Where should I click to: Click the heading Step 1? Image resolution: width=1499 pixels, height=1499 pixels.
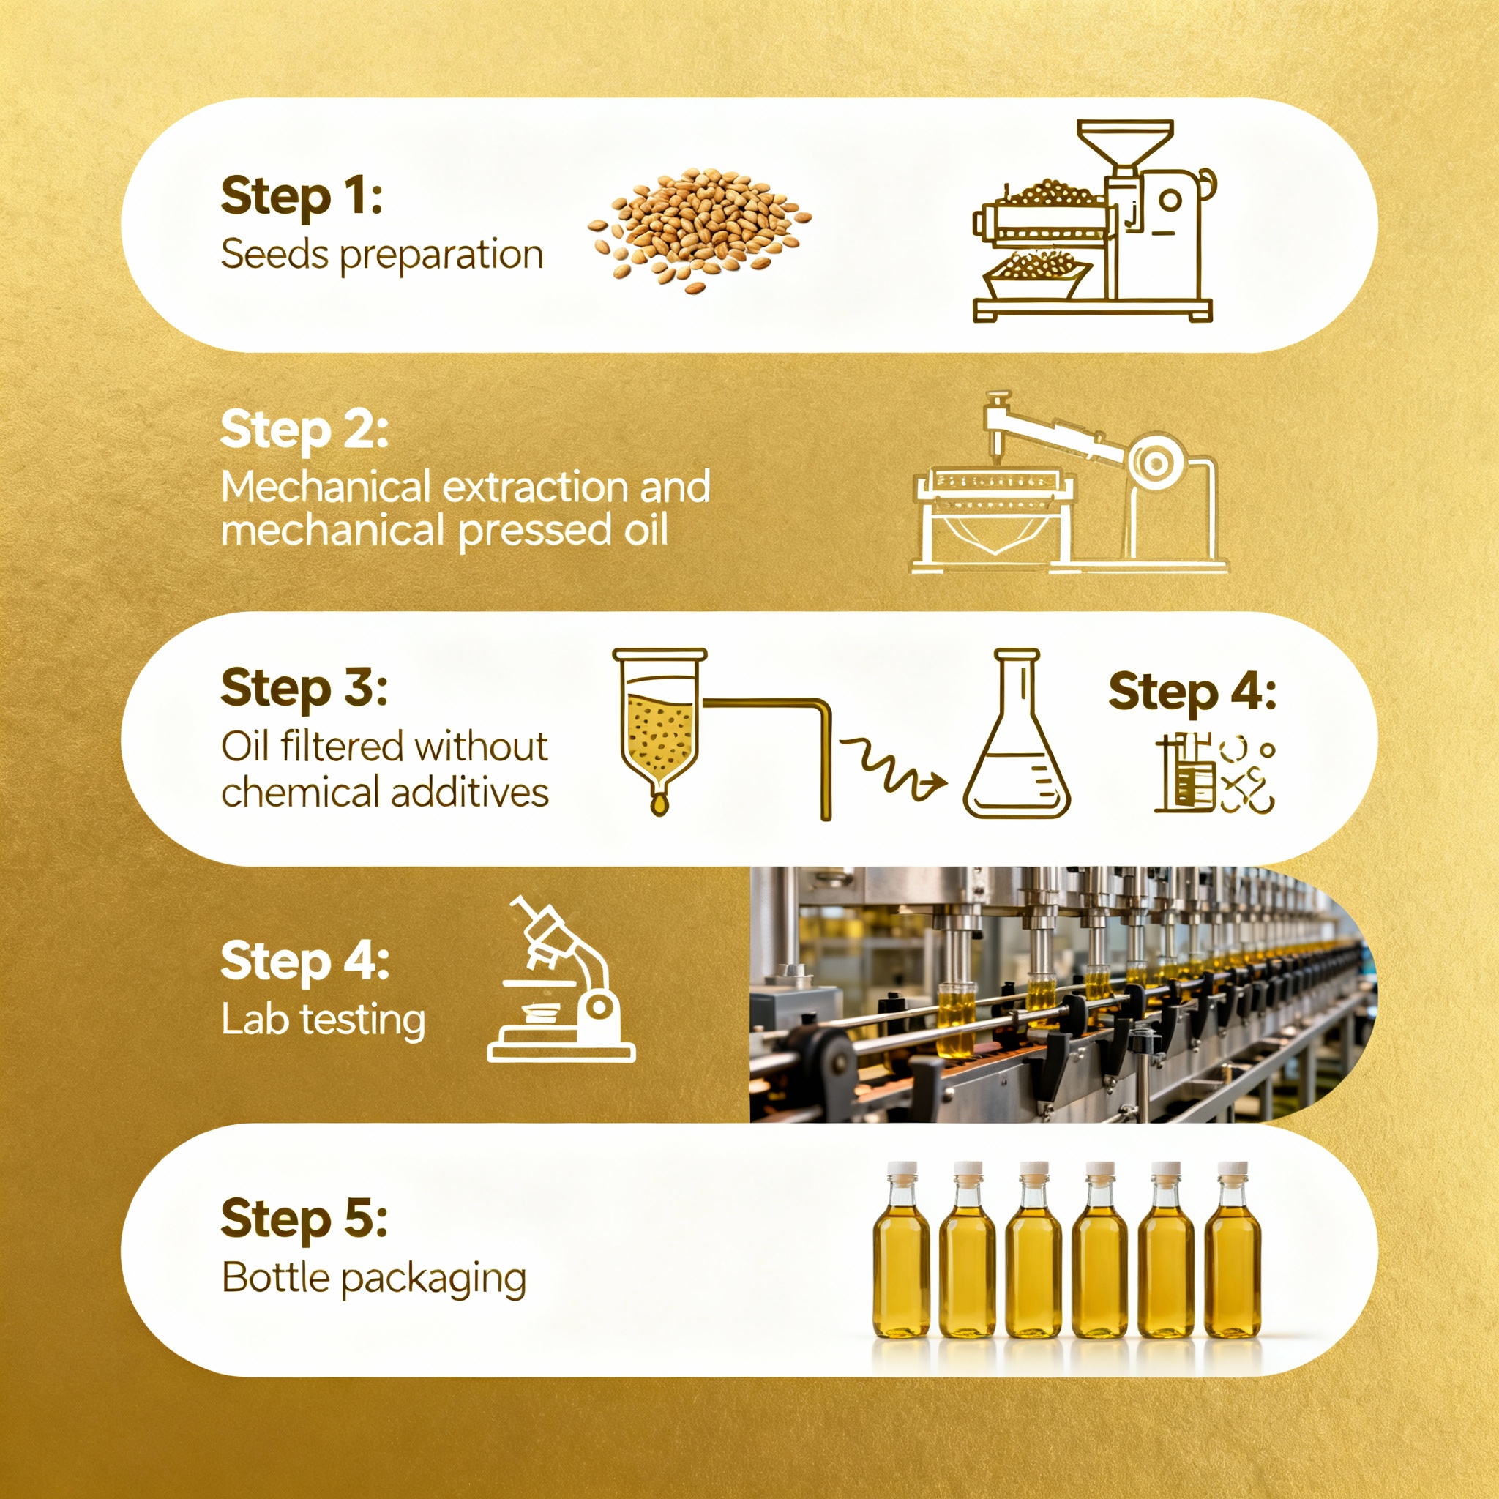[x=302, y=196]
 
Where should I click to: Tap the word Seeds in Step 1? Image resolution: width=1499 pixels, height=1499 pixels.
[x=274, y=255]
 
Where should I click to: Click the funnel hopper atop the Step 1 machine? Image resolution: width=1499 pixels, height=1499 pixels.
[x=1126, y=143]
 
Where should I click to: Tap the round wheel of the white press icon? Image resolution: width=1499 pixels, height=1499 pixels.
[x=1155, y=464]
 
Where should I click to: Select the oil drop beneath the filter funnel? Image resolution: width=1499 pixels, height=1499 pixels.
[x=659, y=804]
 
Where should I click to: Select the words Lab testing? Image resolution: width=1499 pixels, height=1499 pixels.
[x=323, y=1020]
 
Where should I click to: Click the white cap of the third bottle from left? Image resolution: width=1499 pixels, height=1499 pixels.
[x=1033, y=1168]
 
